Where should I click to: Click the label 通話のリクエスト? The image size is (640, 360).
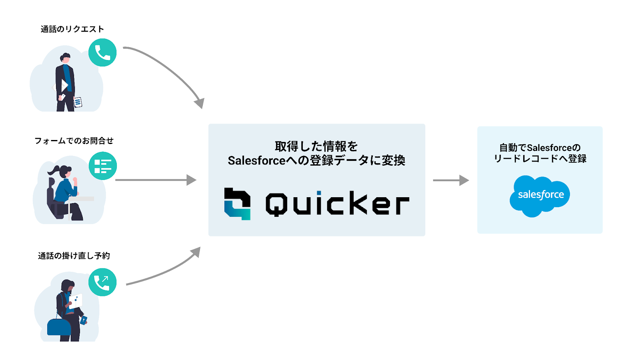click(x=72, y=29)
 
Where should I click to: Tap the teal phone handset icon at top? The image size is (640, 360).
click(x=102, y=52)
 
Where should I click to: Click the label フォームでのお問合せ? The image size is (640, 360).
click(x=74, y=141)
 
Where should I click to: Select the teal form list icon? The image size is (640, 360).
click(x=103, y=166)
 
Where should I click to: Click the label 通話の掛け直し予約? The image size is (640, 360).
click(x=74, y=256)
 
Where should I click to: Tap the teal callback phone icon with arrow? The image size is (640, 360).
click(x=102, y=282)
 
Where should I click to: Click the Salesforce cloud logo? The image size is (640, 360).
click(x=540, y=196)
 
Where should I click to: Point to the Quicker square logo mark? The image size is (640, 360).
click(x=238, y=204)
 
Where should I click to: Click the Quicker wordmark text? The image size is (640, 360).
click(x=337, y=204)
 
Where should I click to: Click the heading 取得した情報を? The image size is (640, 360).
click(x=316, y=146)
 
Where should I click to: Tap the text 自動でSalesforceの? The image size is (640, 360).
click(x=540, y=148)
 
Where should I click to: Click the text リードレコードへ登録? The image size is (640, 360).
click(x=540, y=159)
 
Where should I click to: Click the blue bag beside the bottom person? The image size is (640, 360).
click(x=59, y=327)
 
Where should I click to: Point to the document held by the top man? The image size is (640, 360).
click(x=78, y=102)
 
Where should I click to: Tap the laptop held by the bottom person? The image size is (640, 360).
click(x=76, y=301)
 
